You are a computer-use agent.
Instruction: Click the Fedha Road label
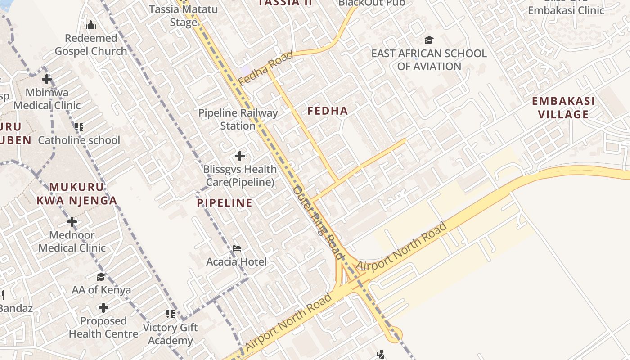tap(265, 68)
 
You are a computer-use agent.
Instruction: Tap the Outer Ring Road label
tap(318, 223)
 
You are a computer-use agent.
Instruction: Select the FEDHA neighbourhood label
tap(328, 111)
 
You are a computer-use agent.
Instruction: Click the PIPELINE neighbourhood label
tap(225, 203)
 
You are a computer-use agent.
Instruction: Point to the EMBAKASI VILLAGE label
tap(563, 108)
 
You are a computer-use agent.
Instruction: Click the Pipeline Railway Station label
tap(238, 119)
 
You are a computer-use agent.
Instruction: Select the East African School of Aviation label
tap(429, 60)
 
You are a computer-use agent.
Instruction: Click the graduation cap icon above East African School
tap(429, 40)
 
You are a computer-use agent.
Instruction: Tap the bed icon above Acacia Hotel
tap(237, 248)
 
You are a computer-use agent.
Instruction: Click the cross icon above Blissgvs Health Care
tap(240, 156)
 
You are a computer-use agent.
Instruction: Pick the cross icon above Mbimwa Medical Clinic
tap(47, 80)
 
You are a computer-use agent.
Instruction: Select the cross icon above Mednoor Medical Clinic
tap(72, 222)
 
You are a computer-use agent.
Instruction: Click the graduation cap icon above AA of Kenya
tap(101, 277)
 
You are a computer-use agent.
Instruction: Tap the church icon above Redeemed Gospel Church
tap(91, 24)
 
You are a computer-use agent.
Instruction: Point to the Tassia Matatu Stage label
tap(184, 16)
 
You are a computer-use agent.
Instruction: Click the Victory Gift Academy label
tap(170, 334)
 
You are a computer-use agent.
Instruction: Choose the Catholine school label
tap(79, 140)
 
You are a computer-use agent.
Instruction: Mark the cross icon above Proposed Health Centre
tap(103, 308)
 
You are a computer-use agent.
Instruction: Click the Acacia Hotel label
tap(237, 261)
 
